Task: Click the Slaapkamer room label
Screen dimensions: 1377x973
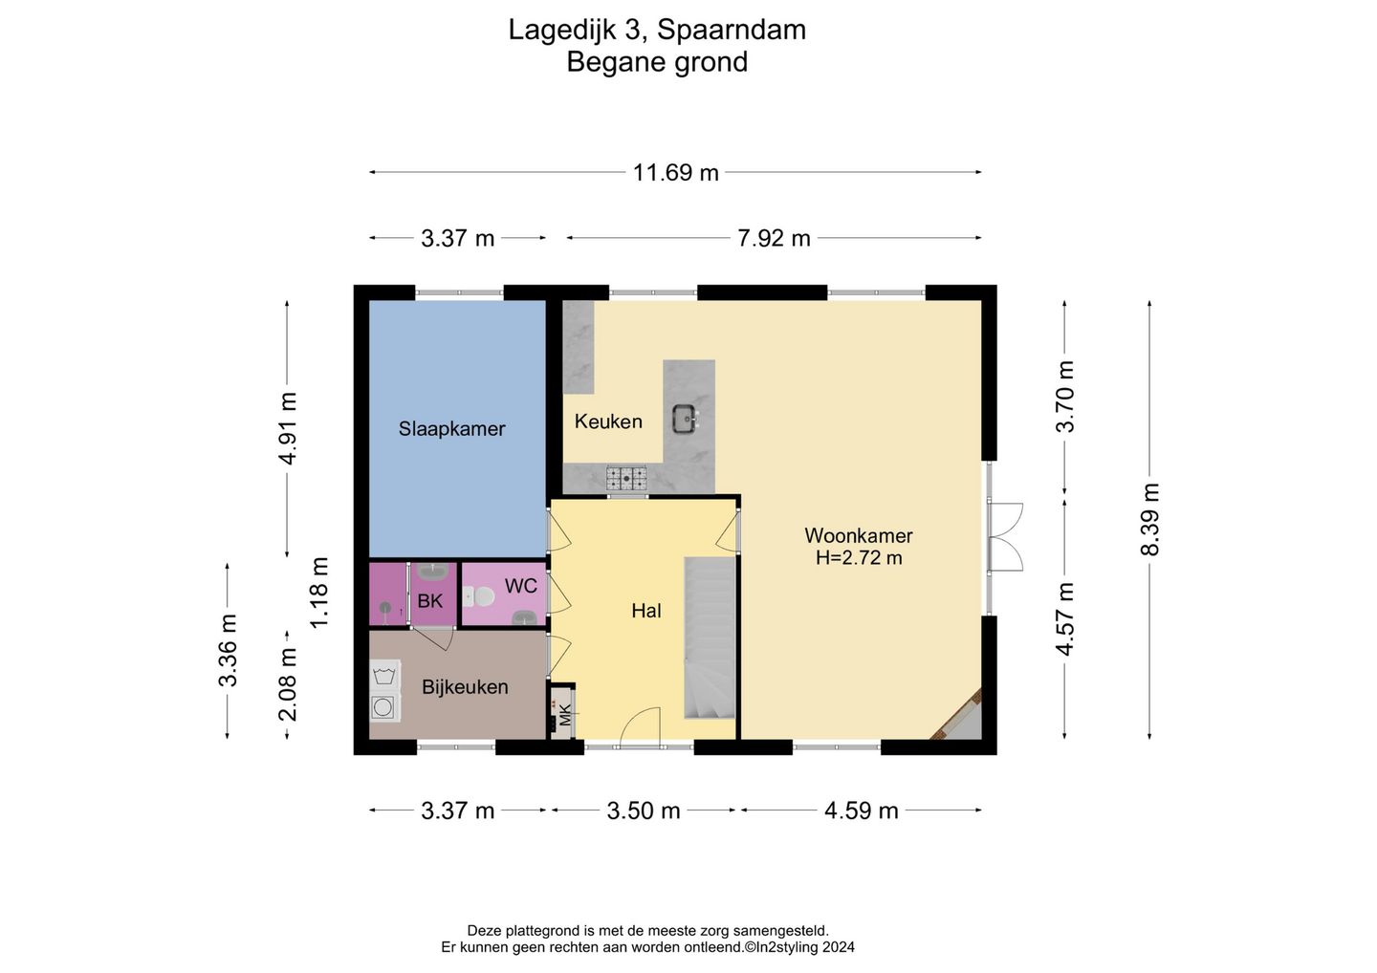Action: (451, 428)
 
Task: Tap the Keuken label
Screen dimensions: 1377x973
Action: (608, 422)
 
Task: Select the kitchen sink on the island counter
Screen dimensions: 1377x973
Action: (685, 419)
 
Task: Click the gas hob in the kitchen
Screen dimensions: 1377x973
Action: (626, 479)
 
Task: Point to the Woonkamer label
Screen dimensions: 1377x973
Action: (858, 535)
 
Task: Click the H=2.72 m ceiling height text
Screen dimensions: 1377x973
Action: (859, 558)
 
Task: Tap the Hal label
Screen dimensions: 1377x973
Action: (646, 611)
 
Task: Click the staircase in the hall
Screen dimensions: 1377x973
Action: (710, 638)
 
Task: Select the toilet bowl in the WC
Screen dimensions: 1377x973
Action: (479, 595)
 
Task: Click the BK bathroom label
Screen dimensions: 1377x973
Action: (429, 601)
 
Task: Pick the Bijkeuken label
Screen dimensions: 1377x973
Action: (465, 687)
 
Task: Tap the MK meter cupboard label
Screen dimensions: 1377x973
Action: (565, 714)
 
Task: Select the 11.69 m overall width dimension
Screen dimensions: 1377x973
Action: (675, 173)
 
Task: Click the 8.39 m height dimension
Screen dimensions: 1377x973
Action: (1149, 520)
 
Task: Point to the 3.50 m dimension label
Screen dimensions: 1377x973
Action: (643, 811)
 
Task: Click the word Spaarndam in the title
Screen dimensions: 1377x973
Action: (732, 30)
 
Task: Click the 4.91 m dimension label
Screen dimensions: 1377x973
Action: (287, 428)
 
